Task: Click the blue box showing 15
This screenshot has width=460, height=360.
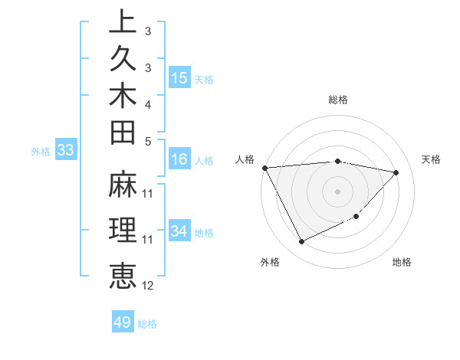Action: pyautogui.click(x=179, y=77)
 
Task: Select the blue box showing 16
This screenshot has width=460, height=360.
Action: pyautogui.click(x=179, y=159)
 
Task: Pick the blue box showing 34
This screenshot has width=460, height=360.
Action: pyautogui.click(x=179, y=231)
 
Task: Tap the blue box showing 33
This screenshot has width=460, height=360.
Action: pyautogui.click(x=65, y=150)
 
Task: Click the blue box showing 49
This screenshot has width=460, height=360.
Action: pyautogui.click(x=123, y=322)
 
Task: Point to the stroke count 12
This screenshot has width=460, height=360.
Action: pyautogui.click(x=148, y=286)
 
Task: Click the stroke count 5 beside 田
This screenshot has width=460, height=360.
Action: pyautogui.click(x=148, y=140)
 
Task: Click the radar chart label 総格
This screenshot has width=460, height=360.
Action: pyautogui.click(x=338, y=100)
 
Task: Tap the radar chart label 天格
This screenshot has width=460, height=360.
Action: pyautogui.click(x=432, y=159)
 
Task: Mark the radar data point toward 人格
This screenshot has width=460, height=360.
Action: pyautogui.click(x=264, y=167)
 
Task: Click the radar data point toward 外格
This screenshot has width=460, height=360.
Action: pyautogui.click(x=301, y=242)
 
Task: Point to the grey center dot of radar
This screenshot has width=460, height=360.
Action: pyautogui.click(x=338, y=191)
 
